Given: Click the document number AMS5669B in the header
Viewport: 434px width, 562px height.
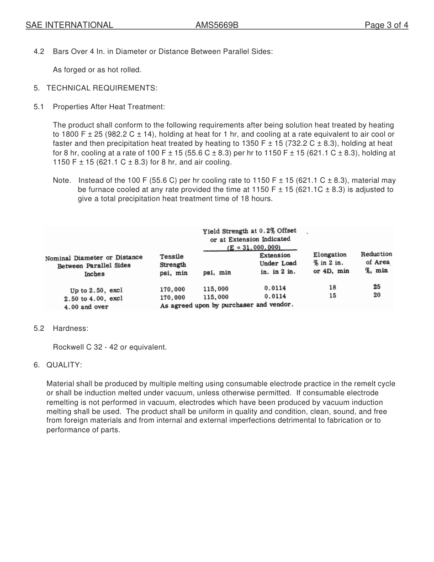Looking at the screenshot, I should [x=217, y=25].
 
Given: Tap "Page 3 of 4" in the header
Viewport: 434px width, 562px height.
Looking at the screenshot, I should [x=386, y=25].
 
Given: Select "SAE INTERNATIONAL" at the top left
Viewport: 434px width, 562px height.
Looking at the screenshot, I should [x=69, y=25].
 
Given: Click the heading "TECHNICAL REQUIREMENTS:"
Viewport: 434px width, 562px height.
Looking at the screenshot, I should [x=102, y=88].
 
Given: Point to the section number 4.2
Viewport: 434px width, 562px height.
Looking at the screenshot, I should [x=39, y=51].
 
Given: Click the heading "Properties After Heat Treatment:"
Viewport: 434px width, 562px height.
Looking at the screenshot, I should [x=109, y=106].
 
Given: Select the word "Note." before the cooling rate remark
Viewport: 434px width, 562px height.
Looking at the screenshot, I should [x=62, y=180].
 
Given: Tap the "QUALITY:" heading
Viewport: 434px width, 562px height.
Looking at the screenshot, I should [x=64, y=365].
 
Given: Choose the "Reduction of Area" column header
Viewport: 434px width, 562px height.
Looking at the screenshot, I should [x=376, y=262].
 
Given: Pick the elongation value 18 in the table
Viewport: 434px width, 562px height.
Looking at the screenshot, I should [x=332, y=287].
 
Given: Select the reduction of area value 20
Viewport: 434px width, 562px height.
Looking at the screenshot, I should [x=376, y=295].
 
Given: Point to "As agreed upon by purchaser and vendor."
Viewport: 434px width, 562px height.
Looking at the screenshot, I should [x=227, y=305].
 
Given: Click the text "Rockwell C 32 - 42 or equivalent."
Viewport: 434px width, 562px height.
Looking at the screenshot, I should [x=110, y=347].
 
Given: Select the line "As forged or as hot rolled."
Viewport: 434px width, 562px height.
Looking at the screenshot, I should [x=97, y=69].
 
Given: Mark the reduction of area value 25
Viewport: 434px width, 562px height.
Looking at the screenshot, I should [x=376, y=287].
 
